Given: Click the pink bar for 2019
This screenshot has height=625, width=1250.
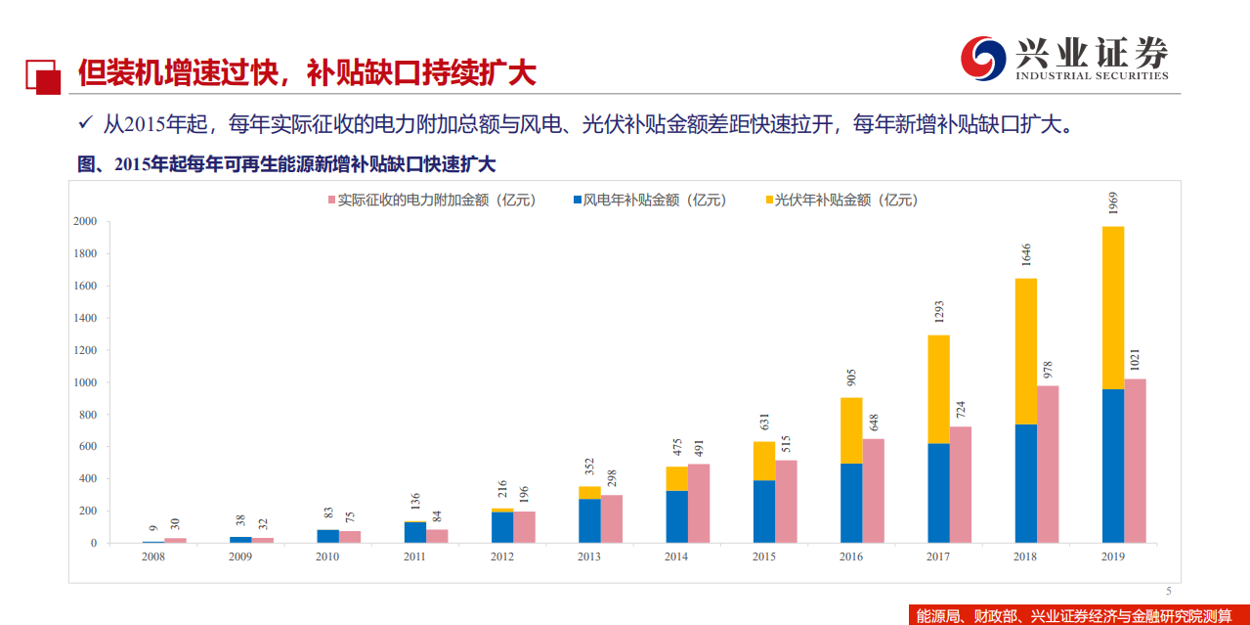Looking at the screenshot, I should click(1134, 461).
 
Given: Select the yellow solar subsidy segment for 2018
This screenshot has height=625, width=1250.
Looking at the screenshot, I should click(1025, 351).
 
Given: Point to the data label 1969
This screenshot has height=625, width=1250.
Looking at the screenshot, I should click(1113, 203).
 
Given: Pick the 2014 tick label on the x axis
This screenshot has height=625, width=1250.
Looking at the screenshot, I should click(675, 557).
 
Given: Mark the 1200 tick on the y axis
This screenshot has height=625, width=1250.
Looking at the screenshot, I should click(85, 350).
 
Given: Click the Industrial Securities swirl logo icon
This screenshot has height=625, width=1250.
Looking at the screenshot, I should click(982, 59).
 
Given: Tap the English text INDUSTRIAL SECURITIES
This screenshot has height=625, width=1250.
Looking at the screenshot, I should click(1092, 76).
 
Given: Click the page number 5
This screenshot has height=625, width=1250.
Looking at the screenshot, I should click(1168, 590).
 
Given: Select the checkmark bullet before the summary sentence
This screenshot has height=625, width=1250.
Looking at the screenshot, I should click(85, 124).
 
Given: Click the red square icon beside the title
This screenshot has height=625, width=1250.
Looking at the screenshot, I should click(43, 75).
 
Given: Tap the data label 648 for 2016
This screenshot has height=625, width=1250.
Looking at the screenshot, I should click(873, 422).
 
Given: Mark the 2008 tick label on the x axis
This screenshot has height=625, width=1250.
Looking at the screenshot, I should click(152, 557).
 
